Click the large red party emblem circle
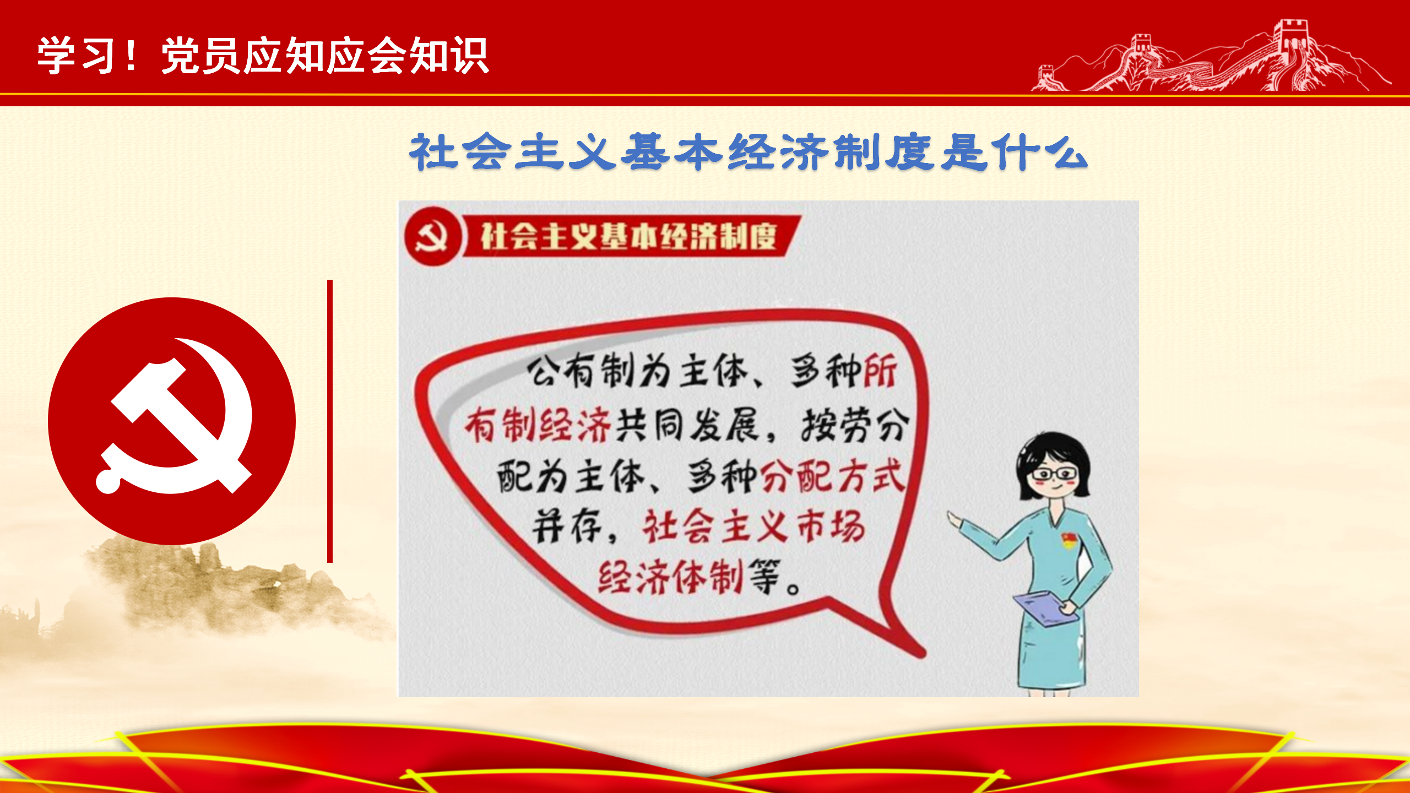(172, 421)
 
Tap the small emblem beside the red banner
(432, 237)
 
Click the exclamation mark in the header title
(131, 55)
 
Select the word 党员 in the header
(202, 55)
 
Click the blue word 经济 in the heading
(779, 151)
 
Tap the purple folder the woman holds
(1045, 609)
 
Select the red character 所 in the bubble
(880, 371)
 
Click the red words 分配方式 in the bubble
(833, 476)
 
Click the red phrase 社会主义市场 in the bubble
(753, 526)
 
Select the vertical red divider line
(330, 421)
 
